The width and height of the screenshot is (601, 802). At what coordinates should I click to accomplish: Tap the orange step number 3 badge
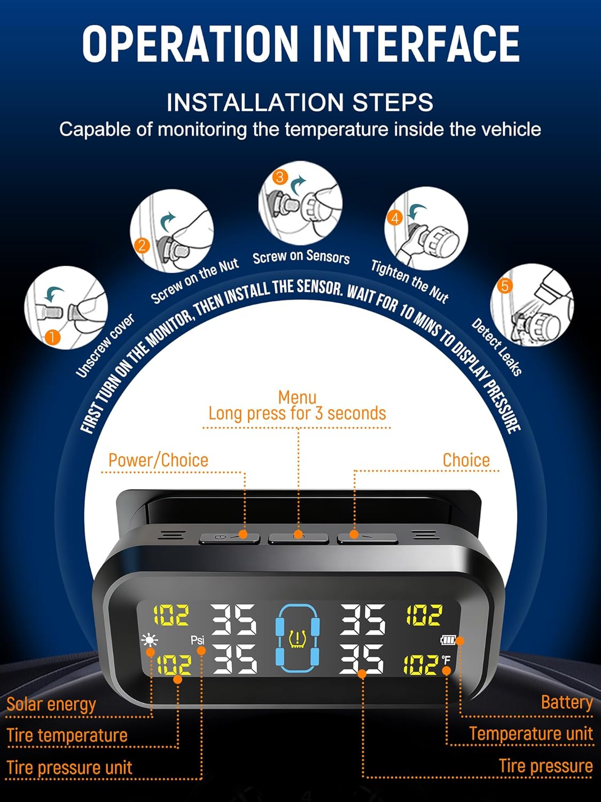click(280, 177)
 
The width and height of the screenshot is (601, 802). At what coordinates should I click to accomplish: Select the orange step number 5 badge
click(505, 286)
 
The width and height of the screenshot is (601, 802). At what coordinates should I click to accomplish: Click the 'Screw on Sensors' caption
click(301, 257)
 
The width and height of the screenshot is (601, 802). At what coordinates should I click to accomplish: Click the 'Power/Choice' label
click(158, 460)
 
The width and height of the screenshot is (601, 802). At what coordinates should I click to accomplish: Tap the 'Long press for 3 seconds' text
click(297, 414)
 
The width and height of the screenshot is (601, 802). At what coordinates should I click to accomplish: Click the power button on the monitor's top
click(229, 538)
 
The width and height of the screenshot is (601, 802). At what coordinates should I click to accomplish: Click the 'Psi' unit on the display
click(198, 640)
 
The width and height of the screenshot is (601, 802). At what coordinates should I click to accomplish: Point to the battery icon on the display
click(448, 640)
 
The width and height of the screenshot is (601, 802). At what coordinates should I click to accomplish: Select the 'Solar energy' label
click(51, 704)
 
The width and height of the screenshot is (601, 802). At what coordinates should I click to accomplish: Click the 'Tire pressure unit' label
click(69, 768)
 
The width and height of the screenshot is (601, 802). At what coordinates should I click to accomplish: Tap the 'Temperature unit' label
click(531, 734)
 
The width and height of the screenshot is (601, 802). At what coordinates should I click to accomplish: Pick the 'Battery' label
click(567, 702)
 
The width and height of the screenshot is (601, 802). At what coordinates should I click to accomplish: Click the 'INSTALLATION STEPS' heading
click(300, 102)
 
